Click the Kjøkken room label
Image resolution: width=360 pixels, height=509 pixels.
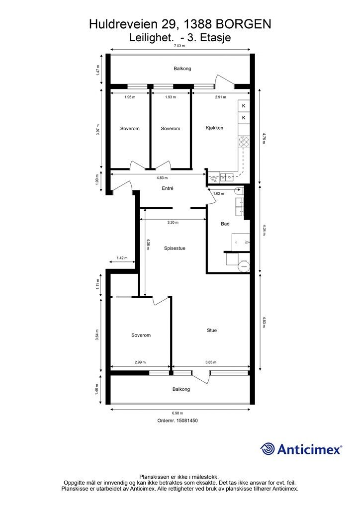tap(215, 128)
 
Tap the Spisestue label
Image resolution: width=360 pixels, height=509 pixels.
tap(175, 249)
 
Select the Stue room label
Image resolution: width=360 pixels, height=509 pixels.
tap(212, 331)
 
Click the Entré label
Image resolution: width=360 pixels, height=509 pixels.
tap(168, 188)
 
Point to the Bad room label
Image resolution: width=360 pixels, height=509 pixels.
tap(225, 224)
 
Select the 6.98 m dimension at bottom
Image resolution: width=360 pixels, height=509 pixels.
tap(178, 413)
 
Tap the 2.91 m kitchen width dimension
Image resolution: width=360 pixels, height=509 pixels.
tap(220, 97)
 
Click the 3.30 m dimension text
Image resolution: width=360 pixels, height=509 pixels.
tap(173, 222)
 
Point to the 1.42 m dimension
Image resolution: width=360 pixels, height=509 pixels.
tap(122, 258)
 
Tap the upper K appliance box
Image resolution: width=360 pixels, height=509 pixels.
tap(244, 106)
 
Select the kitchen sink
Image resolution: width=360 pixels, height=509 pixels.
tap(227, 177)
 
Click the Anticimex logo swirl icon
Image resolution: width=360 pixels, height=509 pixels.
tap(267, 449)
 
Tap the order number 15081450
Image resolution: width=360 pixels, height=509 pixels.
tap(186, 421)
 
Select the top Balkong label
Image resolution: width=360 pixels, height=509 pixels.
tap(182, 69)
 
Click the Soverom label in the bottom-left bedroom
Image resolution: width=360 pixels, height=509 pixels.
tap(141, 336)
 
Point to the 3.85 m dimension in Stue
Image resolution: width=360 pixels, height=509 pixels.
tap(211, 362)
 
